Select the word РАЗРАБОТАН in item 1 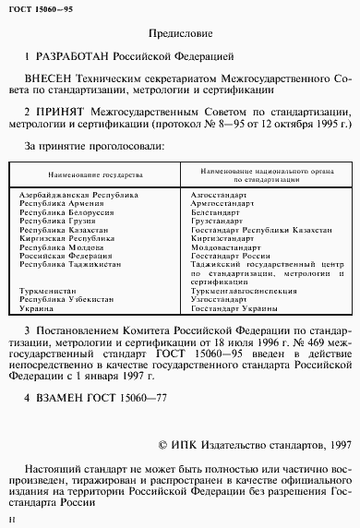[x=77, y=57]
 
